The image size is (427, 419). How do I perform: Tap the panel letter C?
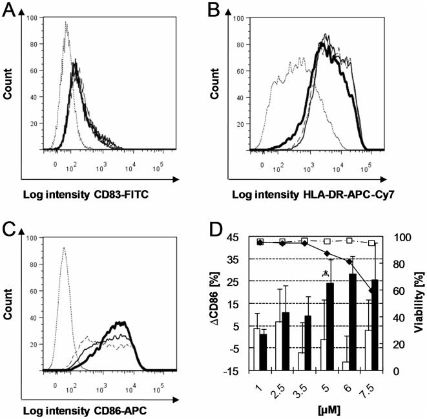[x=9, y=226]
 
